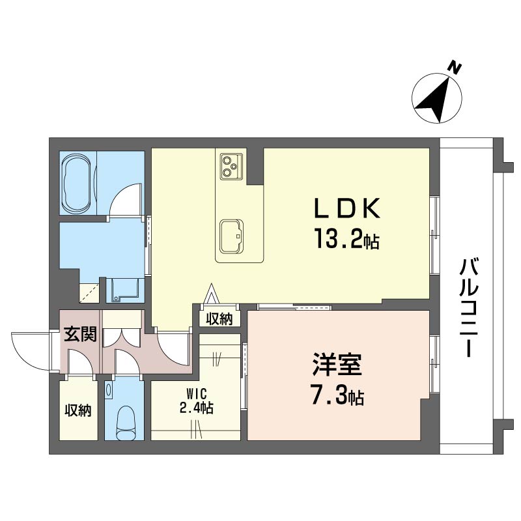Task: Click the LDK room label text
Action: pyautogui.click(x=348, y=208)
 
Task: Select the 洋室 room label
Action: pyautogui.click(x=337, y=365)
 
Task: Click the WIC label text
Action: pyautogui.click(x=197, y=395)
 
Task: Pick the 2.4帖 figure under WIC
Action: pyautogui.click(x=197, y=408)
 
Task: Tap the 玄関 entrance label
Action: pyautogui.click(x=80, y=334)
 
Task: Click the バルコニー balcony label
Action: pyautogui.click(x=468, y=308)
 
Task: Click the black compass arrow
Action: pyautogui.click(x=434, y=100)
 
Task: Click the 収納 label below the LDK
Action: pyautogui.click(x=219, y=319)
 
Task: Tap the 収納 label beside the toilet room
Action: pyautogui.click(x=78, y=411)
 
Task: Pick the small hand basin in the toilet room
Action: pyautogui.click(x=108, y=389)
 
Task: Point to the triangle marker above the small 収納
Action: pyautogui.click(x=212, y=294)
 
